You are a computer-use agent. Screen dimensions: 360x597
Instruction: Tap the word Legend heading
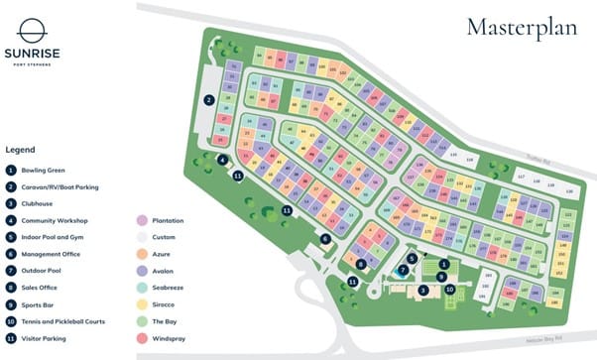(x=21, y=150)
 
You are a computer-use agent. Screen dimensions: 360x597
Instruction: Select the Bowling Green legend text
(x=45, y=171)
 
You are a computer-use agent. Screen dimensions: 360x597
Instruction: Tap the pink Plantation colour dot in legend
(x=142, y=220)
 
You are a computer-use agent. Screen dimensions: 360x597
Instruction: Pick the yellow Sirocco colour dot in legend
(x=142, y=304)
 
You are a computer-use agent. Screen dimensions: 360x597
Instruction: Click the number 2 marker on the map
(x=209, y=99)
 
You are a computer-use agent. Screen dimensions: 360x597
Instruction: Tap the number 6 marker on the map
(x=325, y=238)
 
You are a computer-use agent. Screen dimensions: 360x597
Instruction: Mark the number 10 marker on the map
(x=449, y=289)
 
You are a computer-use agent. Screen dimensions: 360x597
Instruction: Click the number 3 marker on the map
(x=422, y=290)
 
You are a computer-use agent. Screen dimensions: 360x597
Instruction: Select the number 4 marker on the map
(x=223, y=160)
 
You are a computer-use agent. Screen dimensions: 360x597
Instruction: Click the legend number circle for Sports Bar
(x=10, y=305)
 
